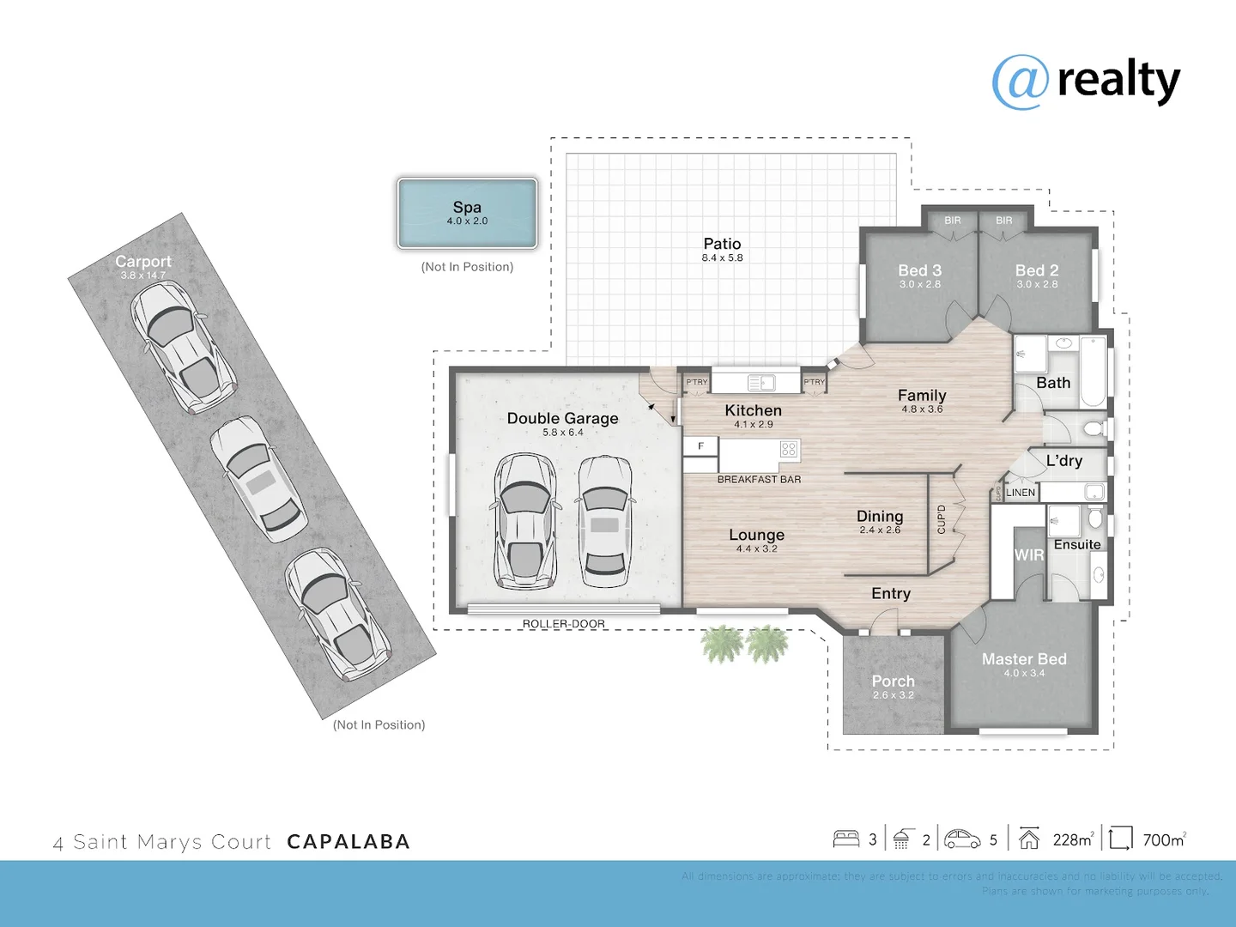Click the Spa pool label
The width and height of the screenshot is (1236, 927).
coord(467,208)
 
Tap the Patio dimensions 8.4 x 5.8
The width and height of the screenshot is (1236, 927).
coord(722,258)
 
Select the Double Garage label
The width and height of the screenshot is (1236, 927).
coord(562,419)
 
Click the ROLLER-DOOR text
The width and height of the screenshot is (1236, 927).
coord(564,624)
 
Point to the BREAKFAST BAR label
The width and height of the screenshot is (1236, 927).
coord(759,480)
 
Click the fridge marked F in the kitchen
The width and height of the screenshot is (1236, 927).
coord(700,446)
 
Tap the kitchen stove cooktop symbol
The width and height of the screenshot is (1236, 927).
coord(789,449)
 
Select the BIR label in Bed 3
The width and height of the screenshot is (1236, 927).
coord(953,221)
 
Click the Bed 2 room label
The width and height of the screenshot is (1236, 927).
coord(1037,271)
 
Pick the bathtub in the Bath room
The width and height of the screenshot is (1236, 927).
coord(1093,372)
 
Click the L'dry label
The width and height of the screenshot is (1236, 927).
coord(1064,461)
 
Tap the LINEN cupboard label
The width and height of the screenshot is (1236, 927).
coord(1021,493)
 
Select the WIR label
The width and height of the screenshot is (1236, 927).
coord(1028,555)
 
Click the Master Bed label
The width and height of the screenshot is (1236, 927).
coord(1024,659)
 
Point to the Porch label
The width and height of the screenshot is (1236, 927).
coord(893,682)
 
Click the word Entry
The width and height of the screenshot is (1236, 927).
coord(891,594)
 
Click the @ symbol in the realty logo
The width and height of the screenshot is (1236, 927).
coord(1021,82)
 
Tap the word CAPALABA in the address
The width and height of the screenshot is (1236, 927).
coord(348,842)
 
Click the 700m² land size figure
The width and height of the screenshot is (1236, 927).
coord(1164,840)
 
